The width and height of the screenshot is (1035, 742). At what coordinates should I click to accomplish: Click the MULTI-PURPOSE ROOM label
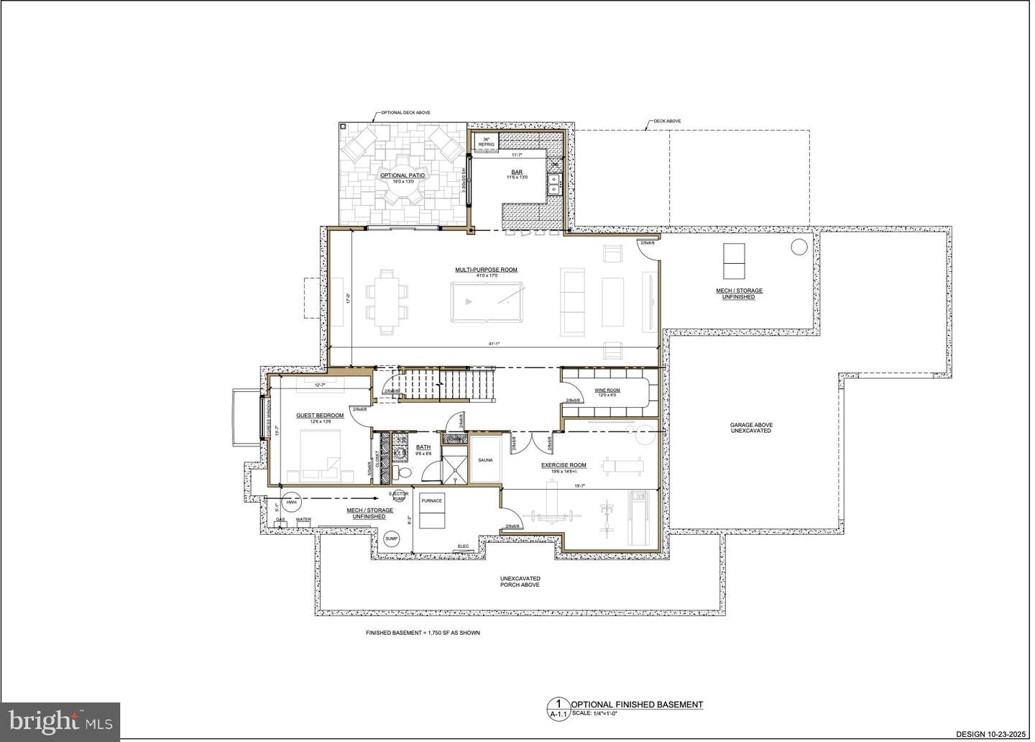[x=486, y=270]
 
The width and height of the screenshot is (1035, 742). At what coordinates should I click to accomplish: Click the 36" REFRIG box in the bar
[x=487, y=142]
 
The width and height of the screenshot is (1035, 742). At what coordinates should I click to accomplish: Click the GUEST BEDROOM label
[x=320, y=416]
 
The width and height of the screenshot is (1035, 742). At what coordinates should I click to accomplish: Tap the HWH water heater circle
[x=291, y=503]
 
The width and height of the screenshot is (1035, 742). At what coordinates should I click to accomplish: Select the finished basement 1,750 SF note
[x=423, y=633]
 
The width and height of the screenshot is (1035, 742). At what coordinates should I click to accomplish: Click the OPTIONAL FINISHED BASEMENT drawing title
[x=636, y=705]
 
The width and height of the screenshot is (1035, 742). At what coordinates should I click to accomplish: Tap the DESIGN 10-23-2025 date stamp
[x=992, y=734]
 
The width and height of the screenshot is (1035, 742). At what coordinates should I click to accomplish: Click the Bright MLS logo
[x=60, y=721]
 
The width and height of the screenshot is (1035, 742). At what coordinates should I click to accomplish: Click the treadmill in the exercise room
[x=639, y=518]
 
